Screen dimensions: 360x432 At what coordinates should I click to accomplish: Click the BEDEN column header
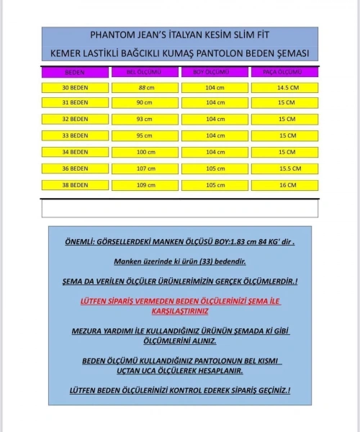click(74, 73)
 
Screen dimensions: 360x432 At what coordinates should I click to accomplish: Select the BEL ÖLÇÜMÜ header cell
click(144, 73)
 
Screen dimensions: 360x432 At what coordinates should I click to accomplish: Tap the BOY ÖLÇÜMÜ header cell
click(214, 73)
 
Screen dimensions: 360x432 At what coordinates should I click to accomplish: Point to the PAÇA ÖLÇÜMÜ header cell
click(284, 73)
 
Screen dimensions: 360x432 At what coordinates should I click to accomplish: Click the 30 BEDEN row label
click(74, 87)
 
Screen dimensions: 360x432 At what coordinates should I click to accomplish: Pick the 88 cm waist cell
click(144, 87)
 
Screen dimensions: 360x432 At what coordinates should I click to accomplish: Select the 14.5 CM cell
click(284, 87)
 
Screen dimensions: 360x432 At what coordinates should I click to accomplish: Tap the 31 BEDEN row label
click(74, 103)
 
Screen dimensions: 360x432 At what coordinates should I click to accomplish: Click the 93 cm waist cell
click(144, 119)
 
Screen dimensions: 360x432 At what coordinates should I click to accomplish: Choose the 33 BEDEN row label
click(74, 135)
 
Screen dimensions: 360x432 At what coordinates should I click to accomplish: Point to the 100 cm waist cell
click(144, 152)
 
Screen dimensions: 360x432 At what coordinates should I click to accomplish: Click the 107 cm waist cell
click(144, 168)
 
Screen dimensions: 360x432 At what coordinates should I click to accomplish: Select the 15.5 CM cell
click(284, 168)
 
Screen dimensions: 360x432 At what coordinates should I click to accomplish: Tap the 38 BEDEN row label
click(74, 185)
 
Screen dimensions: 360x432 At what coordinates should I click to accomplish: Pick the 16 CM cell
click(284, 185)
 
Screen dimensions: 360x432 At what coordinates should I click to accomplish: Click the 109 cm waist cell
click(144, 185)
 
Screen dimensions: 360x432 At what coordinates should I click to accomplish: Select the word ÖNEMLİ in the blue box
click(84, 243)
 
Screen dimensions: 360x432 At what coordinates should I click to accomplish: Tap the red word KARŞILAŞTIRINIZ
click(180, 312)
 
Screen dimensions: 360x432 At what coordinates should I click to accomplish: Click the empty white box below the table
click(179, 207)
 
